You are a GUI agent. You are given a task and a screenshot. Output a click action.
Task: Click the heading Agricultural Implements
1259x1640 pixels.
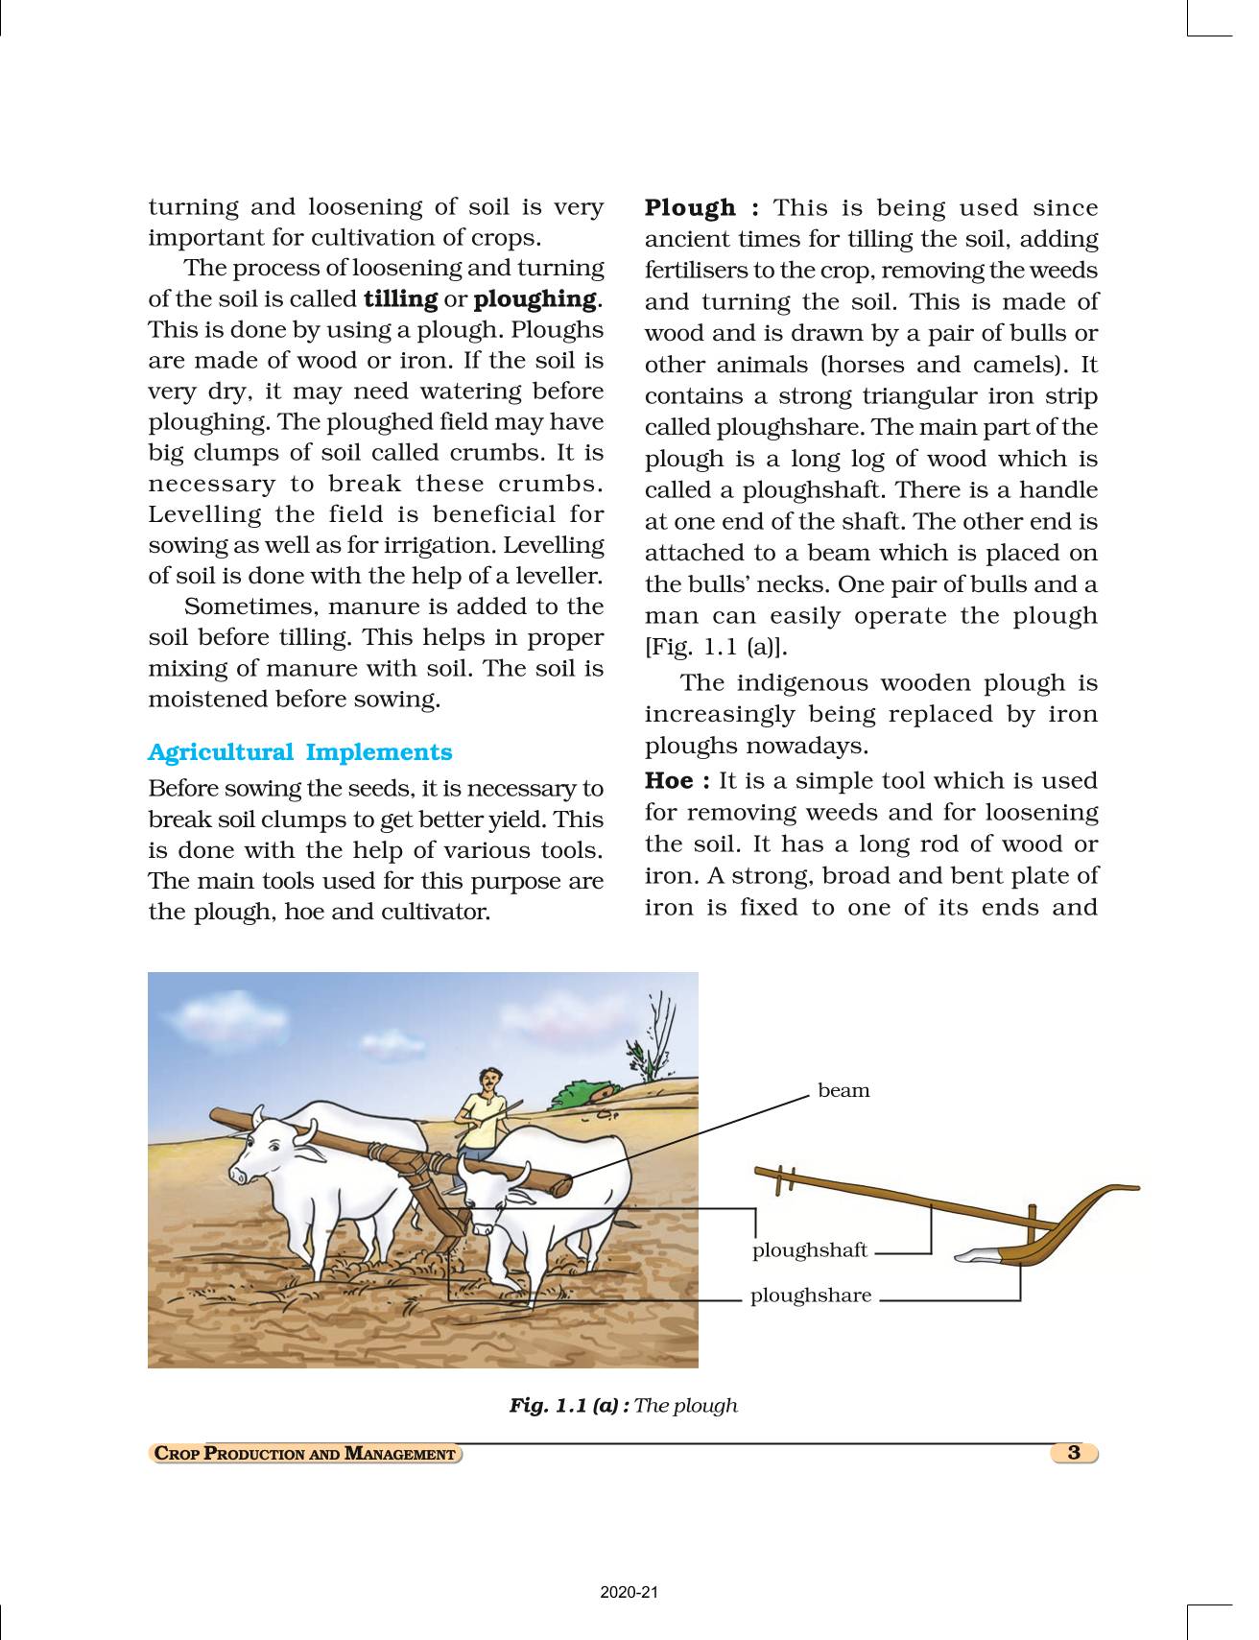pos(299,752)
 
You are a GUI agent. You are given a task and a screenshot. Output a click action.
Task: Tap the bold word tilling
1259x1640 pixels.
pos(400,299)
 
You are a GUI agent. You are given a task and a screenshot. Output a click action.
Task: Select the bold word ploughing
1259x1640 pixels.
pos(535,299)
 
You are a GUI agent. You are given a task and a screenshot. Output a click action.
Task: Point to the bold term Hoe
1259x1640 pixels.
pos(669,781)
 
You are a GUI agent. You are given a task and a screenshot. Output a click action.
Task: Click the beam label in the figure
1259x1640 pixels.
pos(843,1091)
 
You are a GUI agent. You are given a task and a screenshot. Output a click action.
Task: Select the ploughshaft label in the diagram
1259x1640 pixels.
pos(809,1250)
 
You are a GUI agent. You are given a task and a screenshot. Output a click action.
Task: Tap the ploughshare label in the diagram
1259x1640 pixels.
pos(811,1295)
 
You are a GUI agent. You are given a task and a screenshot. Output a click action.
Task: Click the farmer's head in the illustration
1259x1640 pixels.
pos(489,1081)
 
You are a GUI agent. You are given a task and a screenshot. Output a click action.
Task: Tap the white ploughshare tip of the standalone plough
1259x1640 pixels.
pos(977,1253)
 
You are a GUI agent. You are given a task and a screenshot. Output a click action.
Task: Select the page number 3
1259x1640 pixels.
pos(1074,1453)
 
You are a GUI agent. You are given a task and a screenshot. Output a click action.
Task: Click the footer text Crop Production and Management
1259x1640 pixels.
pos(305,1454)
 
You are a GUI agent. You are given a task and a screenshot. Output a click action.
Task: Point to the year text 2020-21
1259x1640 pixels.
pos(629,1593)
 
